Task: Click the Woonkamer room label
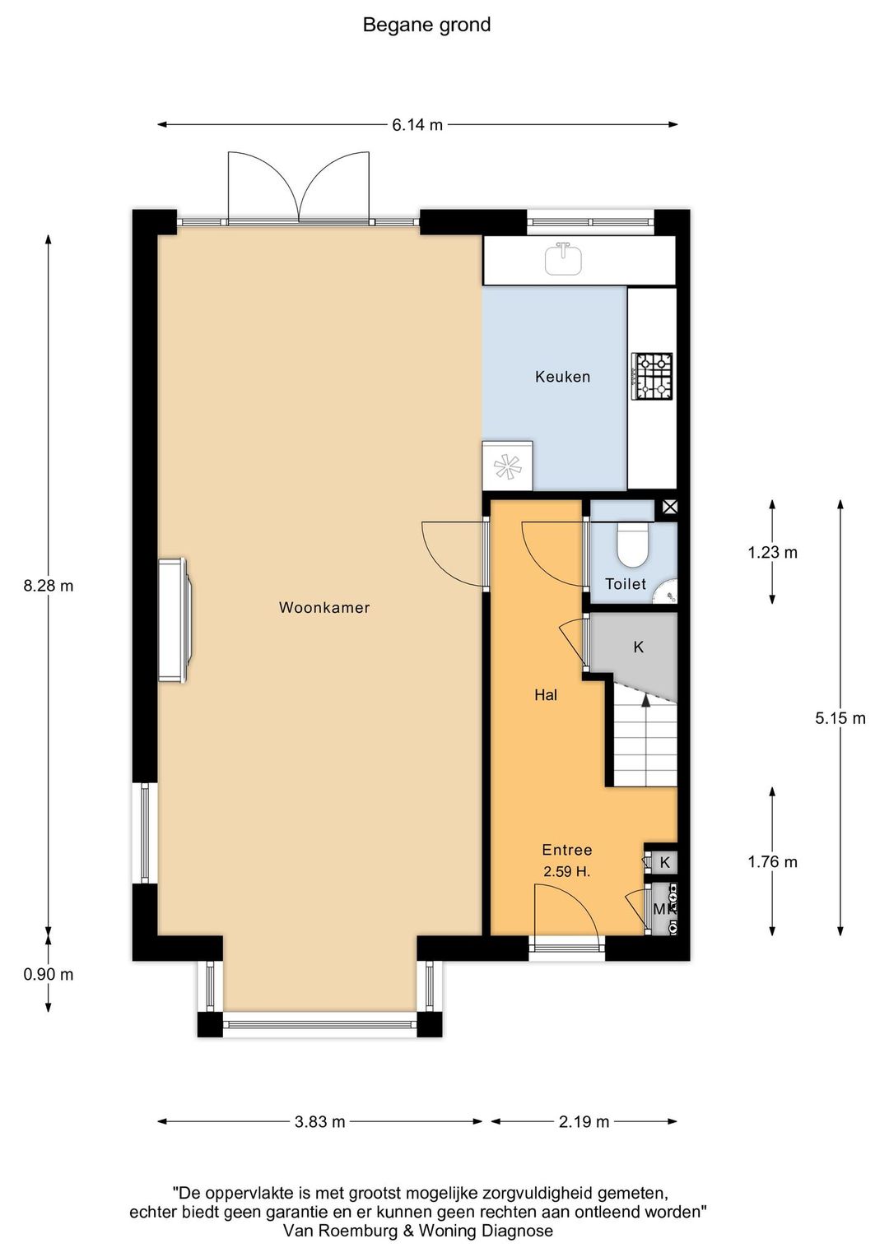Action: pos(324,608)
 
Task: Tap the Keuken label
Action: pos(562,377)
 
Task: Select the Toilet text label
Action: pos(625,584)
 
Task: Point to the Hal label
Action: pos(545,695)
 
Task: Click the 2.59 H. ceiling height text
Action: pos(566,872)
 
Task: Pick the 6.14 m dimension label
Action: pos(417,125)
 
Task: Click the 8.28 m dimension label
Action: pos(49,586)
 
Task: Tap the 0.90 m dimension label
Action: pos(49,975)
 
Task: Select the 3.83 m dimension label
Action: pos(319,1122)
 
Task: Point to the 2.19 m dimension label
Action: pos(584,1122)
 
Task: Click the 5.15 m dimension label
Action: pos(840,718)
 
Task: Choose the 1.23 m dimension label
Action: pos(772,553)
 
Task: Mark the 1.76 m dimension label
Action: pos(772,861)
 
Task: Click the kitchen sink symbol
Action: pos(563,258)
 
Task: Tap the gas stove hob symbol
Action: pos(652,377)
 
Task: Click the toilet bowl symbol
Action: pos(633,545)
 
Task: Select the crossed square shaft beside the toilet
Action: pos(669,508)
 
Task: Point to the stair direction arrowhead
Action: pos(646,700)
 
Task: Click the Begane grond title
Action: pos(427,26)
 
